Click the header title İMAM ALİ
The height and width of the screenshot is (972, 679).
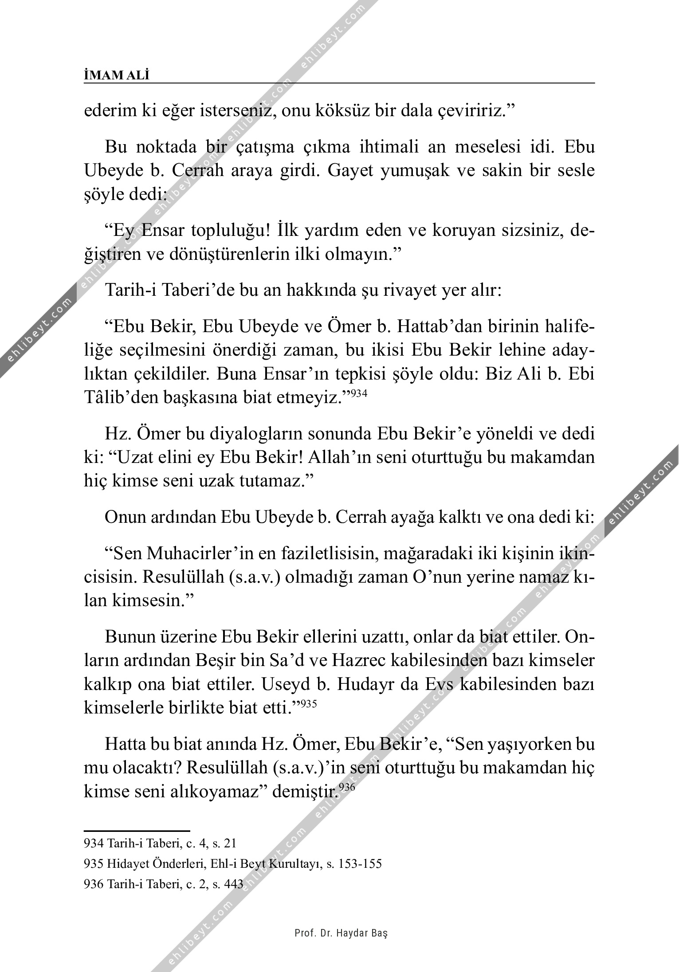pyautogui.click(x=117, y=75)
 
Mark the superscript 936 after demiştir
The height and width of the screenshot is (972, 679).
pyautogui.click(x=346, y=788)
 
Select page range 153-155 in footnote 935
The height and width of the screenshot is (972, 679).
pyautogui.click(x=360, y=864)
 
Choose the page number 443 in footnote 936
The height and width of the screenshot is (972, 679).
pyautogui.click(x=234, y=884)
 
